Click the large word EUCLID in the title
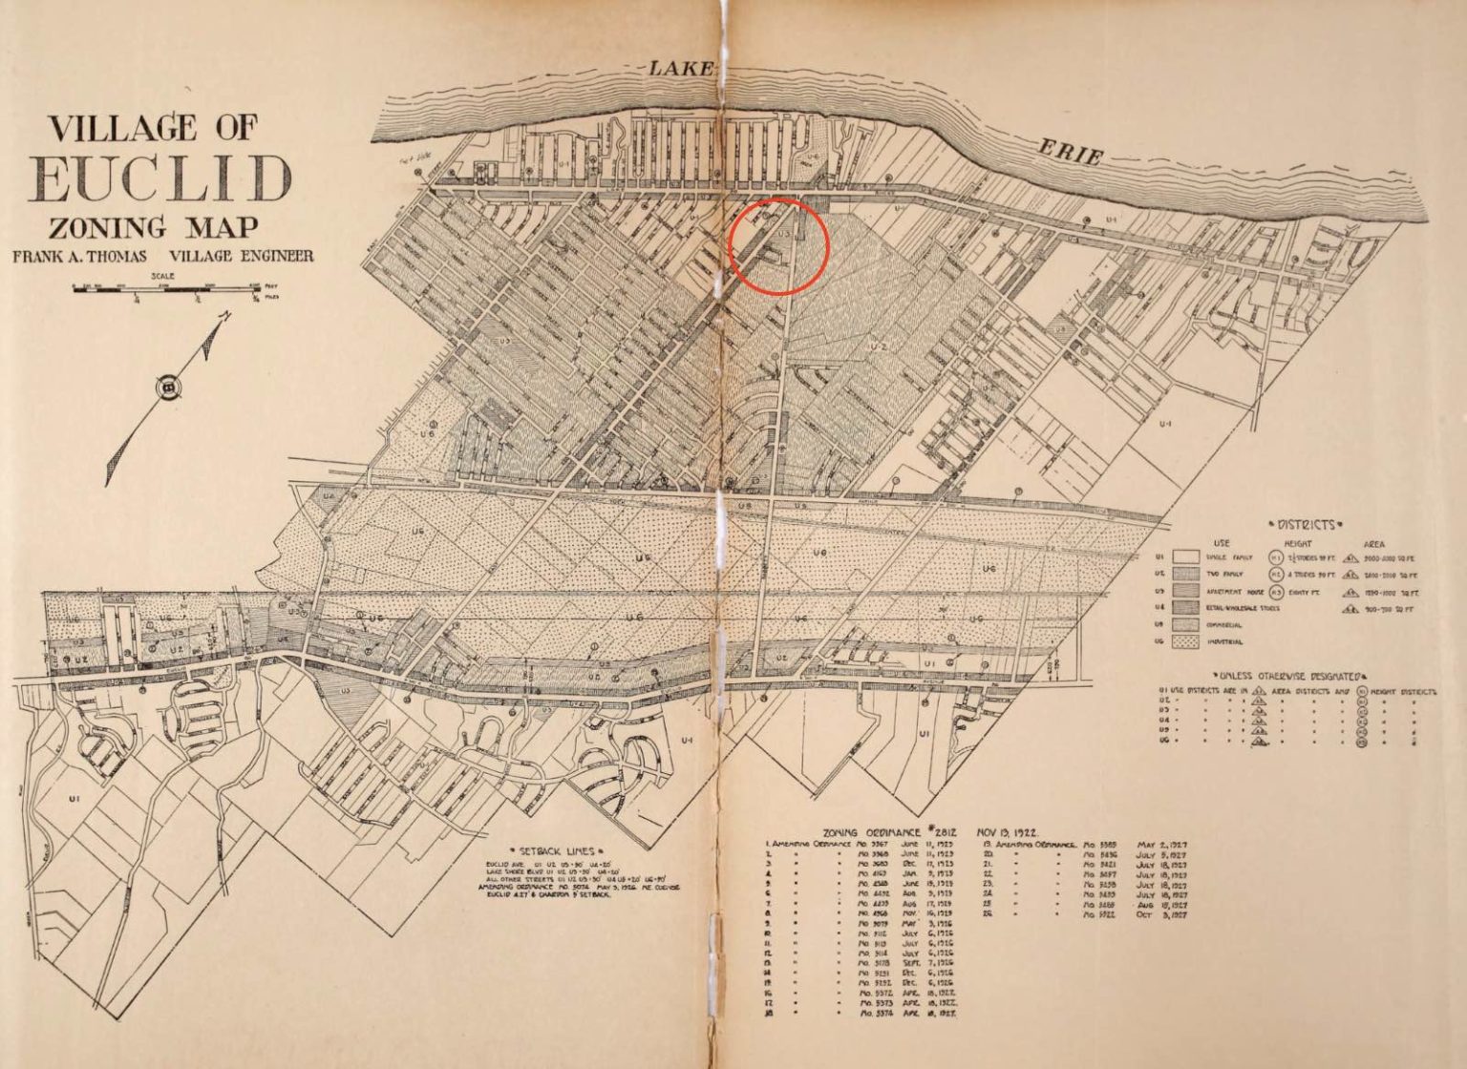[x=162, y=177]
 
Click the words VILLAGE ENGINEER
[x=241, y=257]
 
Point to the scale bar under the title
[x=167, y=287]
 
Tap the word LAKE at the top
[x=681, y=68]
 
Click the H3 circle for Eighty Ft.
[x=1274, y=591]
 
